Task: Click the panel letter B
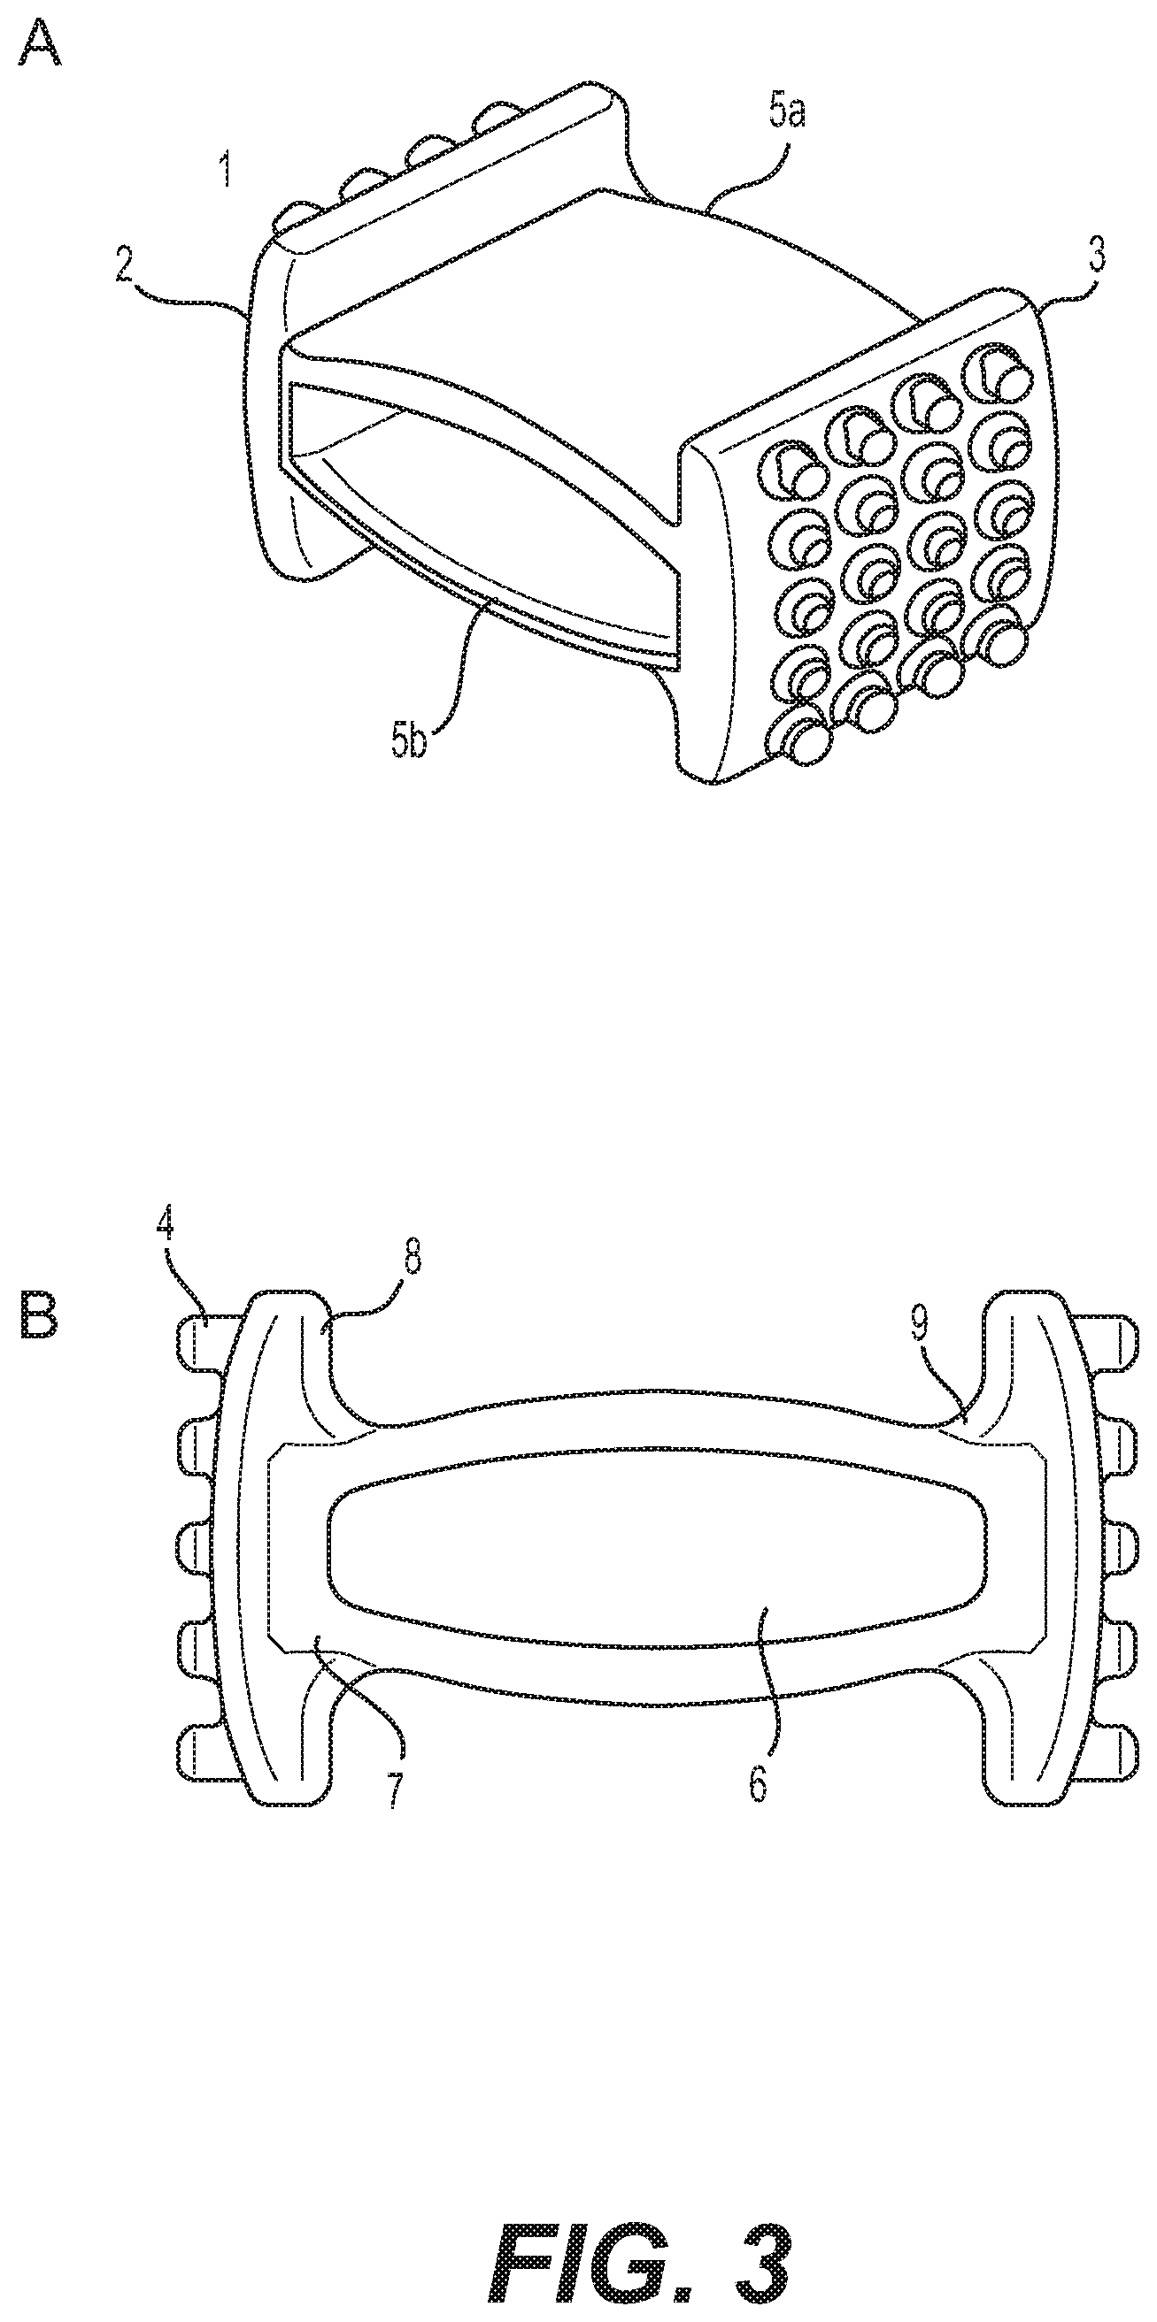coord(39,1315)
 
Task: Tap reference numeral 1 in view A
coord(226,169)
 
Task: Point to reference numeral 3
coord(1094,255)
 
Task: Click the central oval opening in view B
coord(659,1546)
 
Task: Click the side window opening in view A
coord(469,505)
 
